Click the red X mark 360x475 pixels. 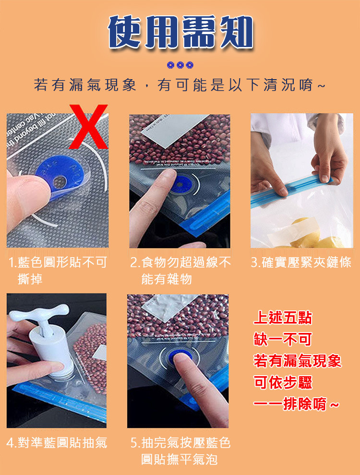[x=88, y=127]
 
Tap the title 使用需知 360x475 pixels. [x=180, y=32]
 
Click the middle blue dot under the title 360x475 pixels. [x=180, y=65]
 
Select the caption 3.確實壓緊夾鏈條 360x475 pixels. [x=301, y=262]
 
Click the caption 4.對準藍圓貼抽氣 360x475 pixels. [x=57, y=442]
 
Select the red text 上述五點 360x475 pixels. [x=283, y=318]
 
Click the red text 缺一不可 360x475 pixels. [x=283, y=339]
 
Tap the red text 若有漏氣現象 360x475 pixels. [x=298, y=360]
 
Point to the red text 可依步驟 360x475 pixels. [x=283, y=382]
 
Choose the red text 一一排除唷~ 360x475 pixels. [x=296, y=404]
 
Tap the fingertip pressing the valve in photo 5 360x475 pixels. [x=182, y=359]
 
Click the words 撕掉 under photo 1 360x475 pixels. [x=30, y=279]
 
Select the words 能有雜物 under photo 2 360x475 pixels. [x=167, y=279]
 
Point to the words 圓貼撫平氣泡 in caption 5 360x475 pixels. [x=179, y=459]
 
